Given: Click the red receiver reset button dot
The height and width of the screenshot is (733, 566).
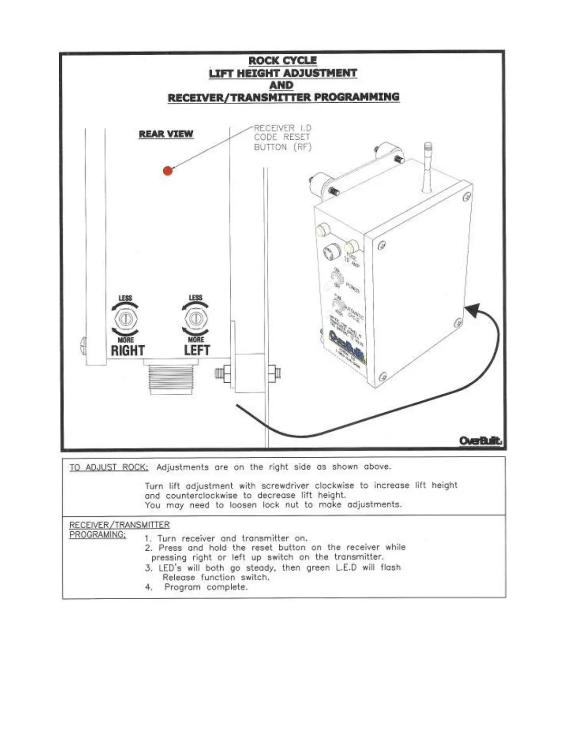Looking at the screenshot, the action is pyautogui.click(x=168, y=170).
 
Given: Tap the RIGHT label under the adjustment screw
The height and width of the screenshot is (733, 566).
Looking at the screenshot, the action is pyautogui.click(x=128, y=351).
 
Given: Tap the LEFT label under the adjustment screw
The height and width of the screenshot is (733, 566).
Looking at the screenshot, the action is pyautogui.click(x=197, y=350).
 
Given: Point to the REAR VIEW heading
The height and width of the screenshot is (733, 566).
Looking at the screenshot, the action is pyautogui.click(x=166, y=134).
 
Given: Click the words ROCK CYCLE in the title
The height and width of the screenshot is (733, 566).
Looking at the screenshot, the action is pyautogui.click(x=283, y=61).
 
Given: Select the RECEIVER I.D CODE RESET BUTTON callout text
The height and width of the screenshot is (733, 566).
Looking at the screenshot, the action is pyautogui.click(x=282, y=137).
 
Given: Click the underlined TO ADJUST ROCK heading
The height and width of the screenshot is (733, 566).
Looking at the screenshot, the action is pyautogui.click(x=109, y=467).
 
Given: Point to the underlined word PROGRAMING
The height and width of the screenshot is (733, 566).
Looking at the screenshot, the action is pyautogui.click(x=97, y=535).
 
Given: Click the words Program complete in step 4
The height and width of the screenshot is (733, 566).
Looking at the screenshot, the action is pyautogui.click(x=206, y=587).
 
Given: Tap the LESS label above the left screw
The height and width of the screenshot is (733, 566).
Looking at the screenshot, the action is pyautogui.click(x=195, y=298).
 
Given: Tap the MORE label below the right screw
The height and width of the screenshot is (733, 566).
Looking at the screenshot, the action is pyautogui.click(x=125, y=340).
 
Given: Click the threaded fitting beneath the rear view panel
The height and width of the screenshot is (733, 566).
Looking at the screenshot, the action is pyautogui.click(x=172, y=379).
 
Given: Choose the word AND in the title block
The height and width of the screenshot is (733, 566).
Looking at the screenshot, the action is pyautogui.click(x=282, y=85).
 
